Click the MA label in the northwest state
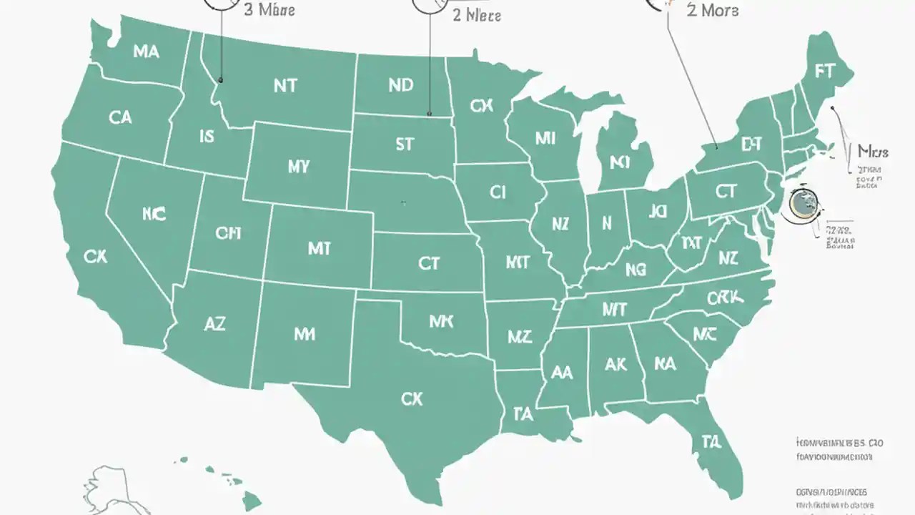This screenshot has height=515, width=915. [x=146, y=51]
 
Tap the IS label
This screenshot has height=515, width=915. [x=206, y=136]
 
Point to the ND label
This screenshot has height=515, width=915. [x=400, y=85]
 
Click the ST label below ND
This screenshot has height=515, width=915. [x=404, y=144]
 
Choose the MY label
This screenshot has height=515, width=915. [x=299, y=167]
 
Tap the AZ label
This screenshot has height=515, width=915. [x=214, y=323]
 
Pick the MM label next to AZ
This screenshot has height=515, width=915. [x=305, y=334]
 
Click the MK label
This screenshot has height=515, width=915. [x=441, y=322]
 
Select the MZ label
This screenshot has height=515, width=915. [x=520, y=336]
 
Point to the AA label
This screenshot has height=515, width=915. [x=562, y=372]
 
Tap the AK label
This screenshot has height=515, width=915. [x=615, y=364]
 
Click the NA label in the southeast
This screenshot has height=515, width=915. [x=665, y=364]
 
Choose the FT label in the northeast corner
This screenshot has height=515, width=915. [x=824, y=72]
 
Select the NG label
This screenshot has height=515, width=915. [x=635, y=270]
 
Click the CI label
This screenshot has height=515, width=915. [x=498, y=192]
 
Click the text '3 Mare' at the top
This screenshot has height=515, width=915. [x=269, y=10]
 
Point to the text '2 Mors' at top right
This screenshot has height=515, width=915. [x=712, y=11]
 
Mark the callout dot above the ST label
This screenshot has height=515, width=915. [x=429, y=113]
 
